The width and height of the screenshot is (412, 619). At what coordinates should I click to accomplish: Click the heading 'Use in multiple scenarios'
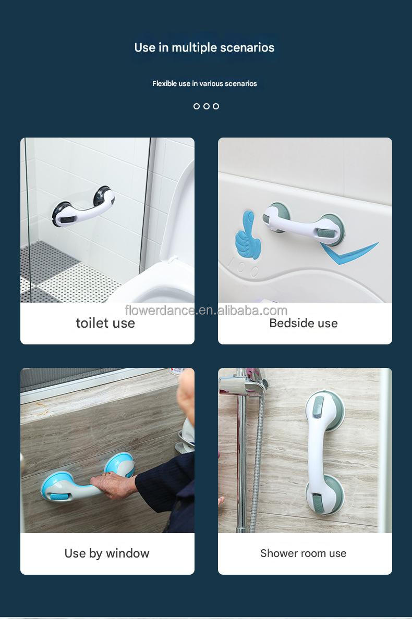(x=204, y=47)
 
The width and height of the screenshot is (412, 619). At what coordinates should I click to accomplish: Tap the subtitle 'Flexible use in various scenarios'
(x=204, y=83)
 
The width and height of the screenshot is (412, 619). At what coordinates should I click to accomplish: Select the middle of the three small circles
(x=207, y=106)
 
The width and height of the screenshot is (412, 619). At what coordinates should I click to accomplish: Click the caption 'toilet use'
(x=105, y=323)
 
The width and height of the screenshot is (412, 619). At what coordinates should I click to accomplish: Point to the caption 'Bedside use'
(x=304, y=323)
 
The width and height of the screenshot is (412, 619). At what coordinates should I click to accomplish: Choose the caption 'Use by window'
(x=107, y=553)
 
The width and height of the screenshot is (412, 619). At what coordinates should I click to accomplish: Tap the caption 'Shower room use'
(x=304, y=553)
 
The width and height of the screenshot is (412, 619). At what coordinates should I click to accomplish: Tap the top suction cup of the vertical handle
(x=324, y=408)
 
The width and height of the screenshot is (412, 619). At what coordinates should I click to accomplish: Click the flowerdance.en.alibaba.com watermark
(x=207, y=311)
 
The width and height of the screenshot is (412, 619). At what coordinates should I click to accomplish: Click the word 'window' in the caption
(x=127, y=553)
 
